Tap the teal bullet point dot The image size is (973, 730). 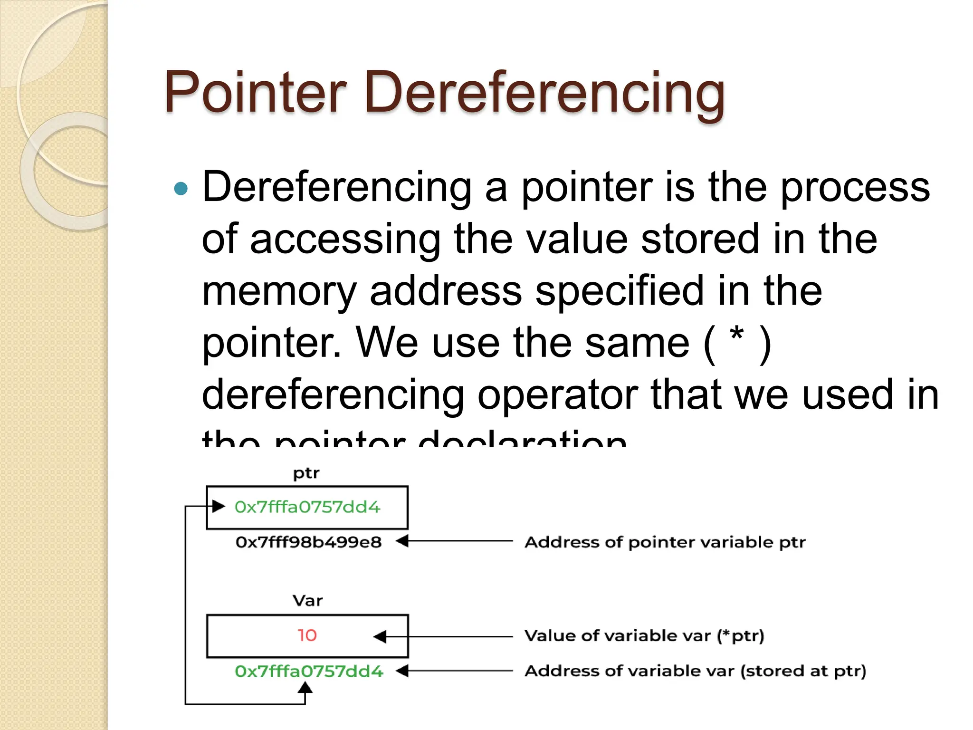(x=181, y=189)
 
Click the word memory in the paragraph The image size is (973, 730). (x=279, y=291)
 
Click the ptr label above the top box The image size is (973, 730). (x=306, y=473)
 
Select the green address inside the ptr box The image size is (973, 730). (x=307, y=507)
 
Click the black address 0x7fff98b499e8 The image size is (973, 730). (x=308, y=542)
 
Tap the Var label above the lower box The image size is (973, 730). (x=307, y=601)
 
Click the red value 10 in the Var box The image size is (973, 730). (x=307, y=635)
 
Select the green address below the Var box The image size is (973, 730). (x=309, y=671)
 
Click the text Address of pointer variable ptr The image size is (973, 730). (x=665, y=542)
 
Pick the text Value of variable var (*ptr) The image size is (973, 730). (x=644, y=636)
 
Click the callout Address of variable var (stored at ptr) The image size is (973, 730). (x=695, y=671)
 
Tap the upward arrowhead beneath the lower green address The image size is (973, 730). (x=305, y=687)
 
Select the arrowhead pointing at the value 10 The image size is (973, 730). (x=380, y=636)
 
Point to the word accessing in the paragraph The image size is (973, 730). (x=345, y=239)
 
